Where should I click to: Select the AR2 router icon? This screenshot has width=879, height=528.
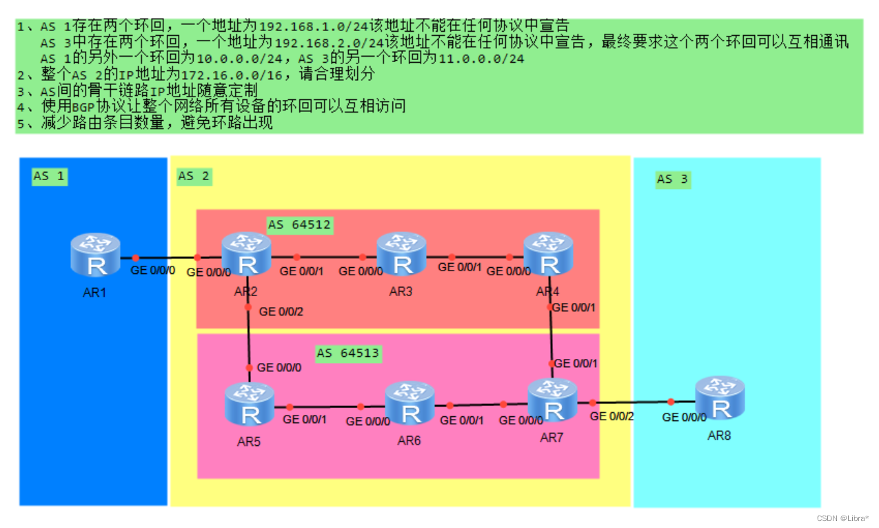point(246,253)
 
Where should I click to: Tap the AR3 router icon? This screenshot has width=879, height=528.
point(401,253)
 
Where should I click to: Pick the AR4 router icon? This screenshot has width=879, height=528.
point(548,253)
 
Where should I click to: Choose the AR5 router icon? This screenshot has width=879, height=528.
point(250,404)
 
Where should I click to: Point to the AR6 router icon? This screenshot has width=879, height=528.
point(410,402)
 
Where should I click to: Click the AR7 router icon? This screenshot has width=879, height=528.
point(552,400)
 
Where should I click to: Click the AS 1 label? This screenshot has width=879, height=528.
point(49,176)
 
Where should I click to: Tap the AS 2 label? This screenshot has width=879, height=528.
point(194,176)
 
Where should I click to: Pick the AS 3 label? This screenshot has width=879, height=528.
point(672,179)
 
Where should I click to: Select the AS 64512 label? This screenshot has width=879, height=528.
point(299,225)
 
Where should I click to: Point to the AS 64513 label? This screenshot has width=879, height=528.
point(348,353)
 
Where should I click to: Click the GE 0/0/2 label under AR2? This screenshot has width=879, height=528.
point(281,312)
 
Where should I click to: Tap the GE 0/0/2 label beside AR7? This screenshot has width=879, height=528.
point(612,416)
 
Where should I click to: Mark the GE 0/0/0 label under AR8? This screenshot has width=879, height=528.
point(684,418)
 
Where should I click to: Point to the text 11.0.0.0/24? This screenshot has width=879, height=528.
point(481,59)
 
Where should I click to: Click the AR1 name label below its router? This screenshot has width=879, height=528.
point(94,292)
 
